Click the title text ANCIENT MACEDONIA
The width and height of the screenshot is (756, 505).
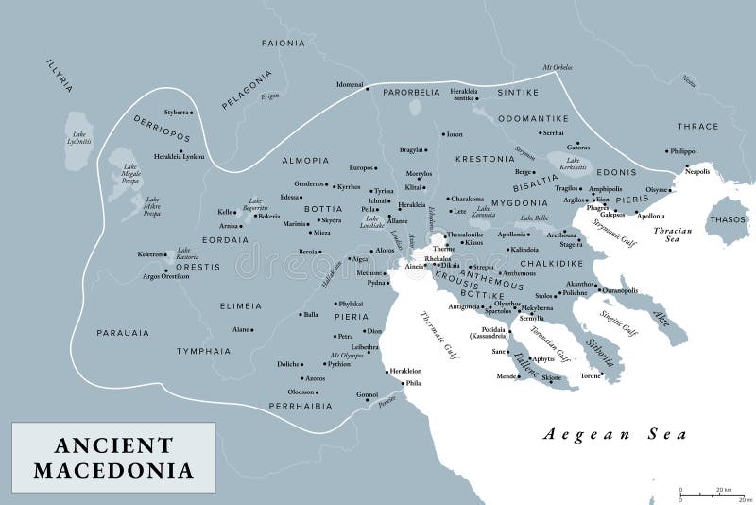(113, 457)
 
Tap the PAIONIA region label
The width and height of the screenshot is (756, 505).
(283, 43)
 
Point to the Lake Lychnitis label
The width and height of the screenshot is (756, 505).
(79, 136)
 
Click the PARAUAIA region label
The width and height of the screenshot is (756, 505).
(123, 333)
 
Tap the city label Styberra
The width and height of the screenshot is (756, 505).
(178, 113)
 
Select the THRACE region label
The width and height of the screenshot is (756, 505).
(697, 126)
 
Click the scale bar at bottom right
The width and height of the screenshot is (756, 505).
(713, 494)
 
